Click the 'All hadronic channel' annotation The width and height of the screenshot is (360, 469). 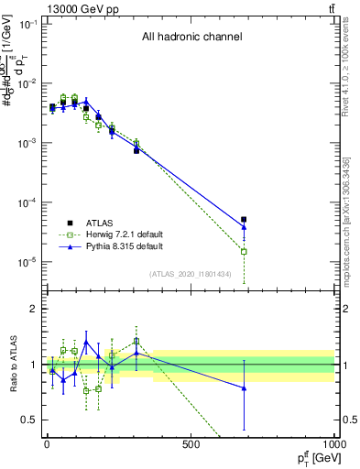(191, 38)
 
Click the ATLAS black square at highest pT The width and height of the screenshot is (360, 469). (244, 220)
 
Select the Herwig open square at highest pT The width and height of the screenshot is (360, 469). (244, 251)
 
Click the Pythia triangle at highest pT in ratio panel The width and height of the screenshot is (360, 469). (244, 388)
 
